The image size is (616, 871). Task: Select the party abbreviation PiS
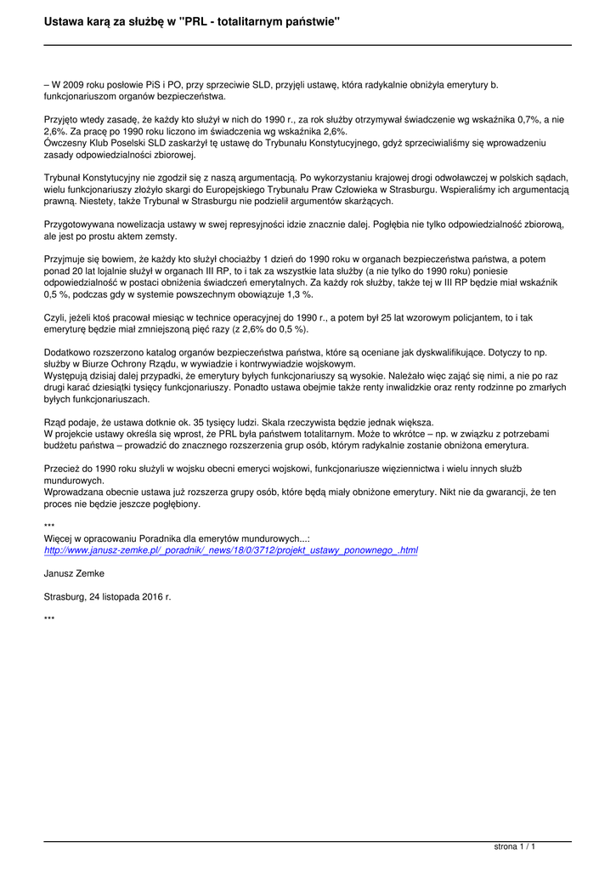click(158, 84)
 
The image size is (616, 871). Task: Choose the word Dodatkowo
click(67, 352)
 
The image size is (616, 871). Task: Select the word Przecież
click(62, 469)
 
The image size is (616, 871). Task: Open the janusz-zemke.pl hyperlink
click(230, 550)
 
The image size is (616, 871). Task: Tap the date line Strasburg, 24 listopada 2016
click(107, 597)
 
